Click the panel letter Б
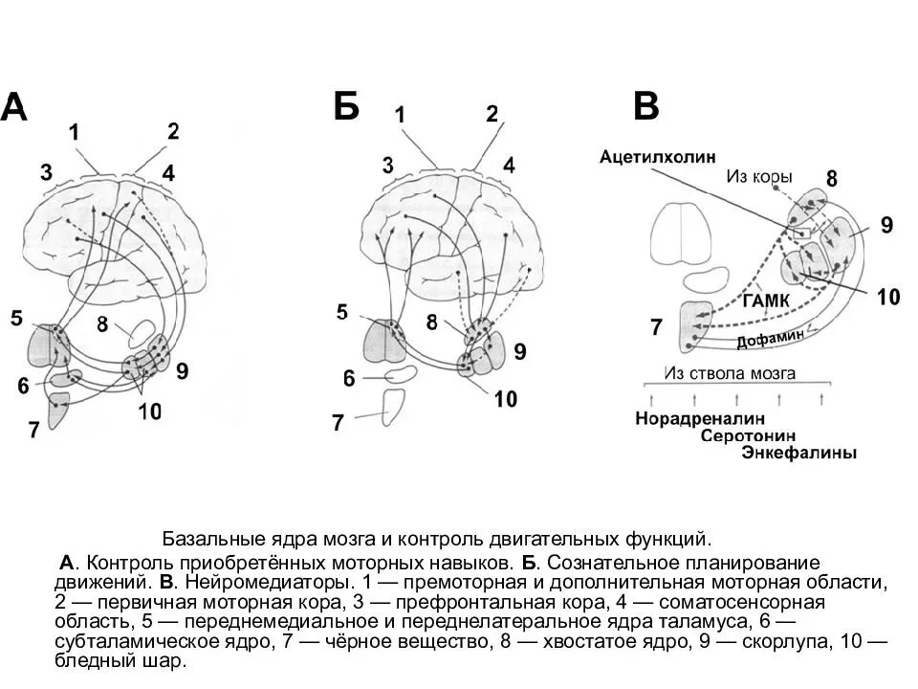tap(346, 106)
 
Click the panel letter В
tap(646, 106)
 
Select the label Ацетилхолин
tap(658, 156)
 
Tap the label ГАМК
tap(765, 300)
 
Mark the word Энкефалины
tap(798, 454)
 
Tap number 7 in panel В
tap(656, 327)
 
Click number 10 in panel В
tap(887, 297)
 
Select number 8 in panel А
tap(104, 324)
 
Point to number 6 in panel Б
tap(349, 379)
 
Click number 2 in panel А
tap(173, 132)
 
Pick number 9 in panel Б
tap(520, 351)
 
